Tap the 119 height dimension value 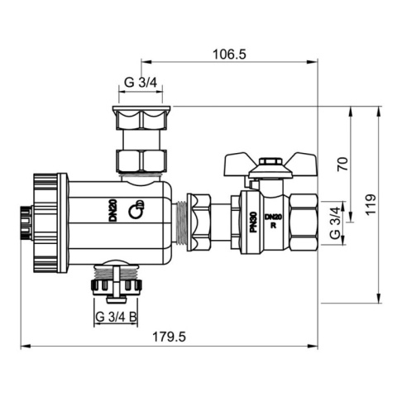click(x=371, y=203)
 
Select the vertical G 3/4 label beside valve click(x=334, y=223)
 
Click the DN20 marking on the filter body click(x=112, y=210)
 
